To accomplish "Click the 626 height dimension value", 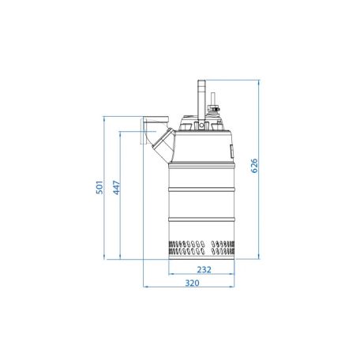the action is click(254, 166).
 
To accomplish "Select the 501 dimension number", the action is click(99, 187).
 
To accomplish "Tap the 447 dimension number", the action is click(116, 188).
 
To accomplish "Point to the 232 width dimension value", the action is click(204, 269).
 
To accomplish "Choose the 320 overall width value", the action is click(192, 283).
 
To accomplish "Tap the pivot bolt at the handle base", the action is click(201, 126).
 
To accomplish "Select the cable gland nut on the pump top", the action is click(213, 108).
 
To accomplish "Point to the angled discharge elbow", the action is click(164, 144).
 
